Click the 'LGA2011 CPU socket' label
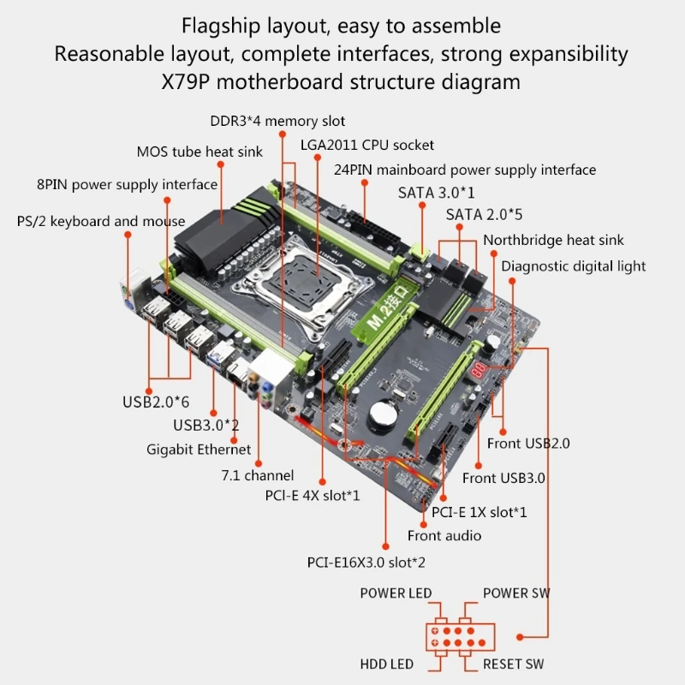pyautogui.click(x=366, y=145)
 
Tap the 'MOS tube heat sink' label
pyautogui.click(x=200, y=152)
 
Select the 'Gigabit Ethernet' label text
pyautogui.click(x=200, y=450)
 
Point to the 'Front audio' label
pyautogui.click(x=444, y=536)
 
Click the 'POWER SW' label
pyautogui.click(x=516, y=593)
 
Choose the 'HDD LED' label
pyautogui.click(x=386, y=664)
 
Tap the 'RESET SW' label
pyautogui.click(x=513, y=664)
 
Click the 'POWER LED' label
pyautogui.click(x=396, y=593)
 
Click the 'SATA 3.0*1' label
pyautogui.click(x=436, y=193)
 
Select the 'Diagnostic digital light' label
pyautogui.click(x=573, y=266)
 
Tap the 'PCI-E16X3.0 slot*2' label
pyautogui.click(x=366, y=563)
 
